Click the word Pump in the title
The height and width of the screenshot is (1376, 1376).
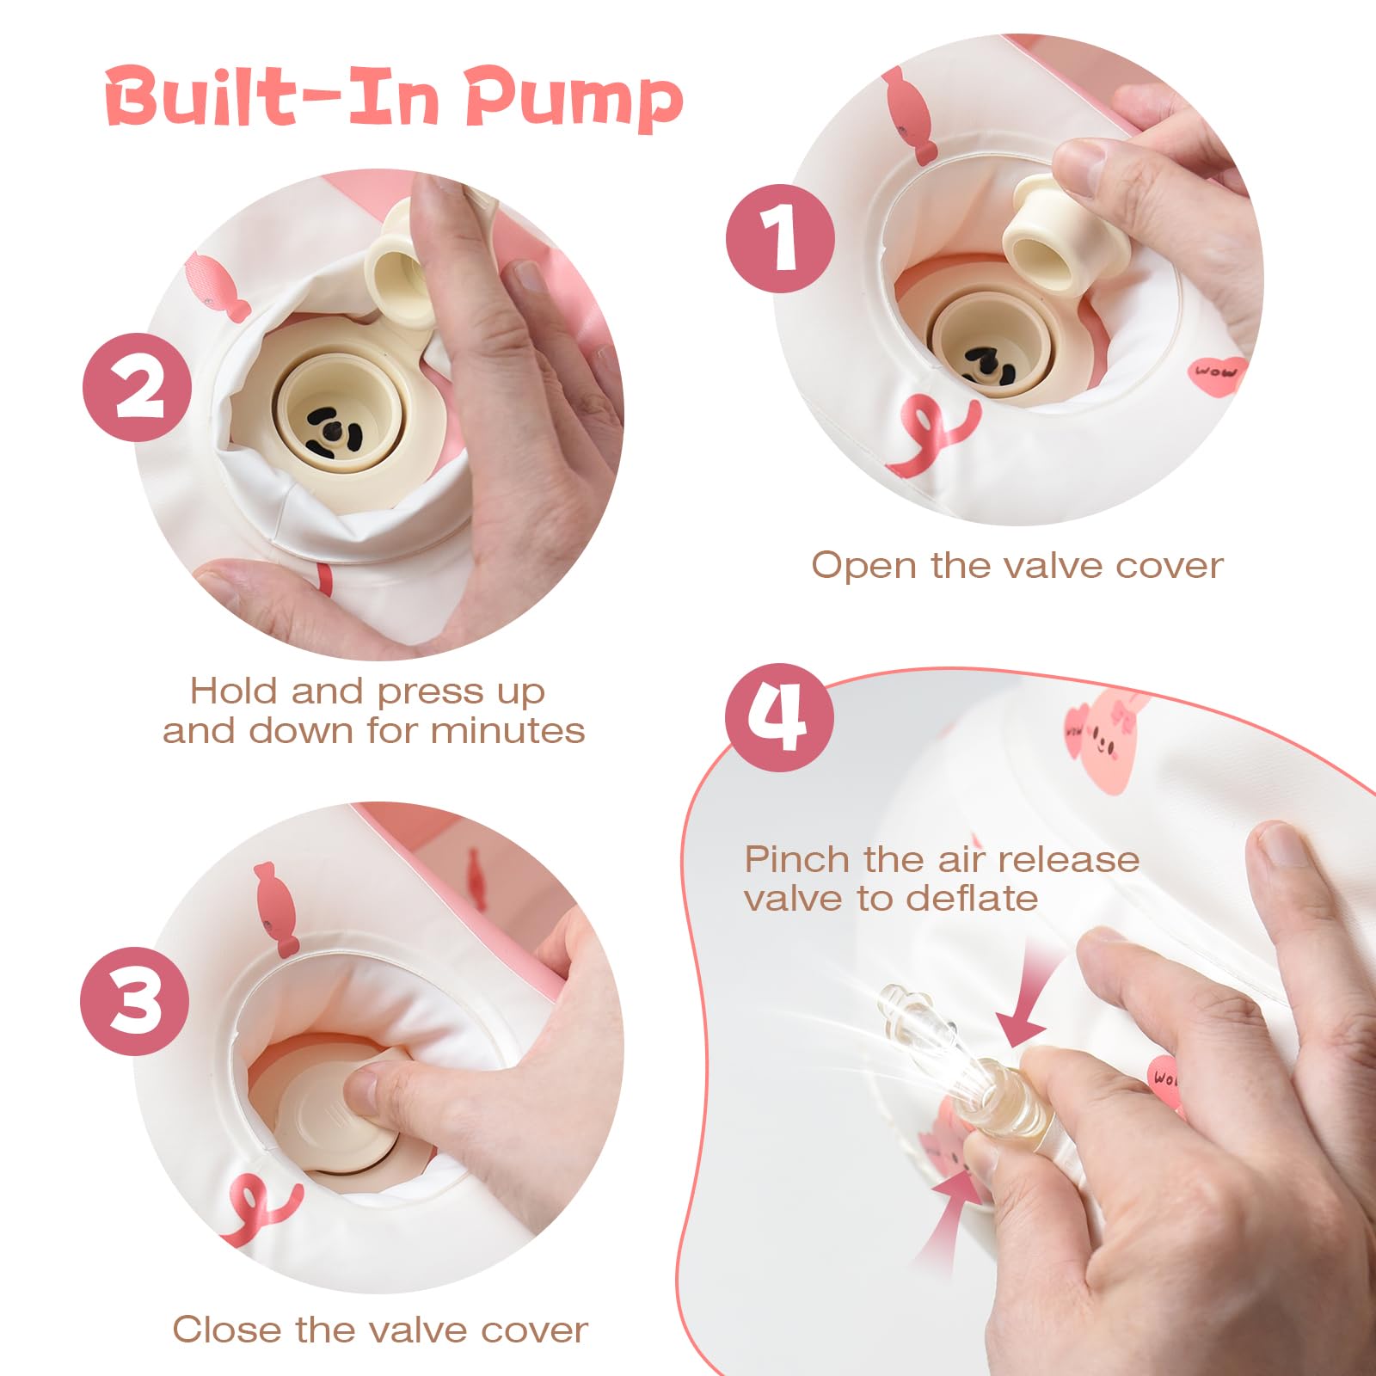(574, 101)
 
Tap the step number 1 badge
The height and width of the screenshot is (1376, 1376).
(780, 238)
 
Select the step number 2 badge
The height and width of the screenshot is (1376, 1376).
(138, 388)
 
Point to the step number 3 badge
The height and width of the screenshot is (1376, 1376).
(135, 1001)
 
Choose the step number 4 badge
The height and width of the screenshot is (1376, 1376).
(779, 717)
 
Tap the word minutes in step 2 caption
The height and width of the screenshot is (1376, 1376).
(507, 731)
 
